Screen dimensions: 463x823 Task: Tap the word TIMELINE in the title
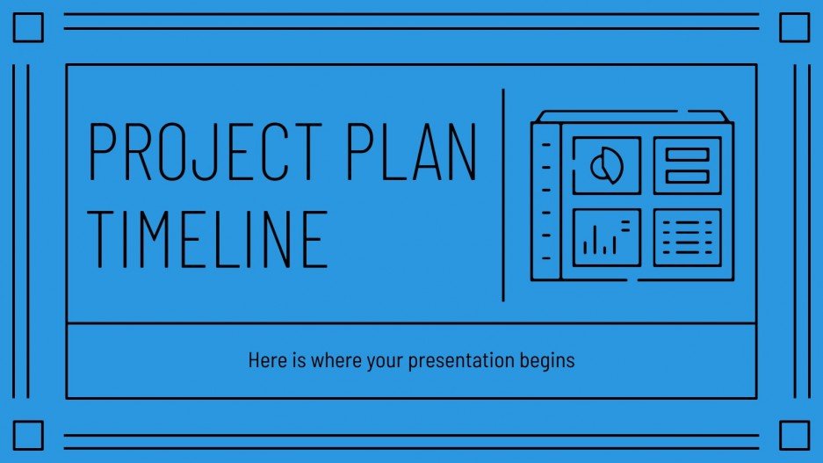point(209,238)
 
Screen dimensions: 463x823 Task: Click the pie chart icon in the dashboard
point(606,165)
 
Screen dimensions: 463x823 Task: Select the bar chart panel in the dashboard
point(606,237)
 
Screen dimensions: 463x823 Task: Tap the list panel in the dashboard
point(687,237)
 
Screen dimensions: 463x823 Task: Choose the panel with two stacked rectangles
point(687,165)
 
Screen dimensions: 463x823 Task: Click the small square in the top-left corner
point(29,29)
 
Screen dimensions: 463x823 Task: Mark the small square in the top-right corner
point(794,29)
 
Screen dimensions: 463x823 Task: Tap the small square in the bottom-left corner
point(29,435)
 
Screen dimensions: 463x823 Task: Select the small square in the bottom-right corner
point(794,435)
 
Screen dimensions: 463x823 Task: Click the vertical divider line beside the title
point(503,195)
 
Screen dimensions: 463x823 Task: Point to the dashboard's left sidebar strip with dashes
point(545,201)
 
